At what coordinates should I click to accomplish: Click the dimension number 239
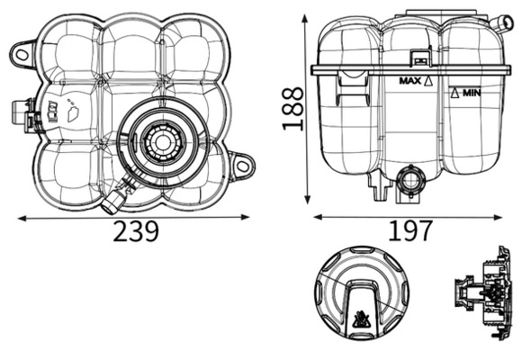(x=137, y=232)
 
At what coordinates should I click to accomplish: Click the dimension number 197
(x=409, y=232)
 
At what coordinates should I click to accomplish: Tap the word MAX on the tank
(x=410, y=80)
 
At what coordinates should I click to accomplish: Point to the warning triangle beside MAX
(x=429, y=80)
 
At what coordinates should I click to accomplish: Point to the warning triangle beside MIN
(x=456, y=93)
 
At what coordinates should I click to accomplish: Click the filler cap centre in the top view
(x=159, y=141)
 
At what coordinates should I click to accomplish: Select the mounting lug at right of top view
(x=241, y=166)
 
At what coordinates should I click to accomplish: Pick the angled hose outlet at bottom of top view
(x=115, y=197)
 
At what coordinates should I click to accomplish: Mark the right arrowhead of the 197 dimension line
(x=499, y=217)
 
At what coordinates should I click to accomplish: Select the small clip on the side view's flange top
(x=419, y=58)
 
